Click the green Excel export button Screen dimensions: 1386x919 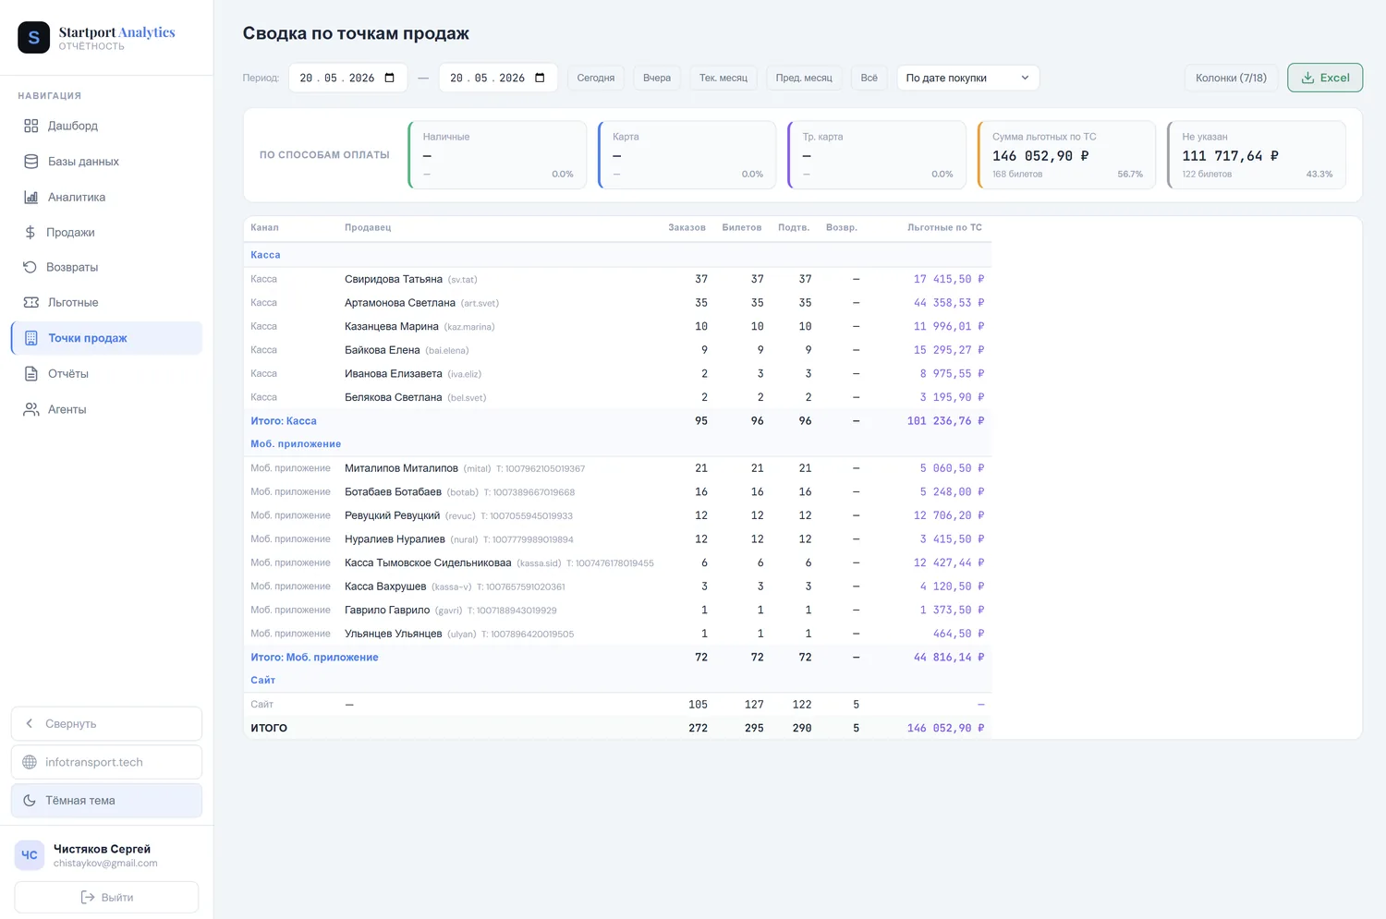pos(1325,78)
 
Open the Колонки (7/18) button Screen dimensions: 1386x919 pos(1231,78)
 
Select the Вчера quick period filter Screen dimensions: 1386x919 pos(656,78)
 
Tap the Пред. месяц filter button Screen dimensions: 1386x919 pos(804,78)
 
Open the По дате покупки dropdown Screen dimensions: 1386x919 pos(967,78)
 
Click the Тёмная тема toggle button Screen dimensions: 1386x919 pos(106,800)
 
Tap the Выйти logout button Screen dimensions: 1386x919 pos(106,898)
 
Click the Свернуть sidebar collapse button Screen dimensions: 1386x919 pos(106,723)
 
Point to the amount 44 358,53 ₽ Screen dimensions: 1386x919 pos(949,302)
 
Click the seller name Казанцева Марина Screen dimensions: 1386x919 pos(392,327)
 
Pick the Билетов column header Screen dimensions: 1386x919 pos(741,227)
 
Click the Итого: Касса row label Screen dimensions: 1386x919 pos(284,420)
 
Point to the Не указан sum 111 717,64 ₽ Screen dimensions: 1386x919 pos(1230,156)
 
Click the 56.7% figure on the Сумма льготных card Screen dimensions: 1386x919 pos(1130,175)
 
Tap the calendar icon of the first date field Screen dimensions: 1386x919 pos(389,78)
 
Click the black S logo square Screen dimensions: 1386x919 pos(33,37)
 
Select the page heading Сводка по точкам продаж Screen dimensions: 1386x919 pos(356,32)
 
